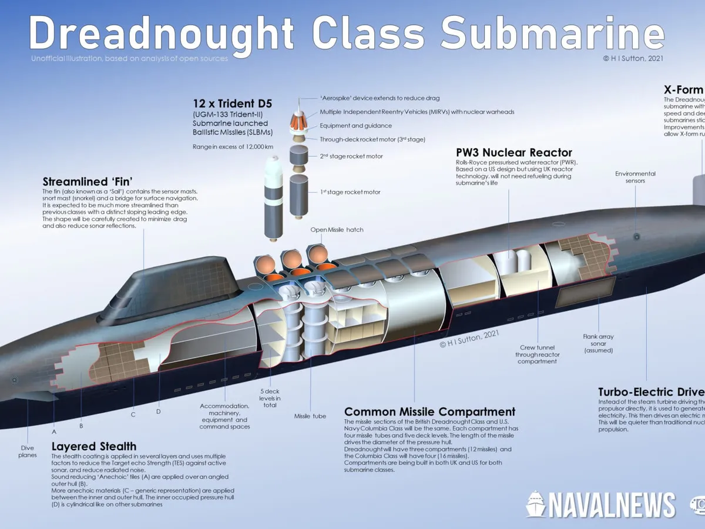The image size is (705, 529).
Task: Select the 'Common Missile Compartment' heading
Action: coord(429,411)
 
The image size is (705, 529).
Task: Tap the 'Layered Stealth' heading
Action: coord(94,446)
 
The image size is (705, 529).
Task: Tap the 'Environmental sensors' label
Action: coord(635,177)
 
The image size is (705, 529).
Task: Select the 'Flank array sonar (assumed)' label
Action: coord(599,343)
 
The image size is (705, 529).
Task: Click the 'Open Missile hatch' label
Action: coord(337,229)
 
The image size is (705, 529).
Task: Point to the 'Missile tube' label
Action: coord(310,416)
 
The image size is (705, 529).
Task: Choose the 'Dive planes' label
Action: coord(27,451)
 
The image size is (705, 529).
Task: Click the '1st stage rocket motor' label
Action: coord(350,192)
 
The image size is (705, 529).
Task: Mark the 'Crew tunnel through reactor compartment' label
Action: coord(537,354)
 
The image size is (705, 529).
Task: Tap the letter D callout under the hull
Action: coord(159,411)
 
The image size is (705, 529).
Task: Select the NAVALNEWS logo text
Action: coord(611,505)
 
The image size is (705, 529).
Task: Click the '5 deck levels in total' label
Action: coord(270,399)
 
